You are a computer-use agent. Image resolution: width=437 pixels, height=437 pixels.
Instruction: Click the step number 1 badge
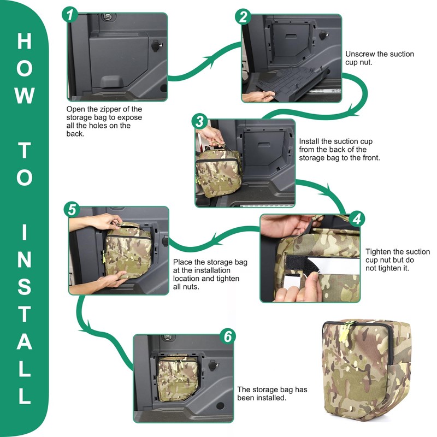point(70,15)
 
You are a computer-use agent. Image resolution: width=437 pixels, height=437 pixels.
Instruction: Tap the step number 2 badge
point(243,16)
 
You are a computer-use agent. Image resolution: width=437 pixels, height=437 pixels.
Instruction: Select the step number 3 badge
point(200,121)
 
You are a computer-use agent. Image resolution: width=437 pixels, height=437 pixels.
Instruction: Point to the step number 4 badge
point(357,218)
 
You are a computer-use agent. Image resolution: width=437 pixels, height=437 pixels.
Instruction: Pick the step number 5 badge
point(72,209)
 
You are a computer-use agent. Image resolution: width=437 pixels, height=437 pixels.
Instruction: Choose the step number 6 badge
point(227,336)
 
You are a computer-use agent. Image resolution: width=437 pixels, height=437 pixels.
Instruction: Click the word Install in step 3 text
point(309,141)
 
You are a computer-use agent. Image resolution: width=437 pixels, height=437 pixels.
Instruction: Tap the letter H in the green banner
point(24,42)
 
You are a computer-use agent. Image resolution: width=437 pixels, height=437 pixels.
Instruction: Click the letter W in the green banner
point(25,95)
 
